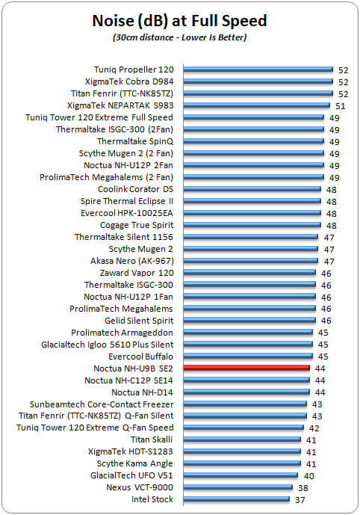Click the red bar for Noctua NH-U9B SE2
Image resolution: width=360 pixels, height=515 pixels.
point(246,368)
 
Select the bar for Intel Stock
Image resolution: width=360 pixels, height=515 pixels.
point(237,499)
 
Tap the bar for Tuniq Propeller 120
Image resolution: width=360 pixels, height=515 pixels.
point(258,70)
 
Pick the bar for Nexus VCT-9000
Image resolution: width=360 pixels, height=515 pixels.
point(238,487)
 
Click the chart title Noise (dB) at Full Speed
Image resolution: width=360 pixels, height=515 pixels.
point(179,21)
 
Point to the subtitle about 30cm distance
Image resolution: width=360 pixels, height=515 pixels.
point(179,37)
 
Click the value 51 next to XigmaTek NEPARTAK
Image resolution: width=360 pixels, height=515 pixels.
point(340,106)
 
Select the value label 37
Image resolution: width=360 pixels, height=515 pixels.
point(300,500)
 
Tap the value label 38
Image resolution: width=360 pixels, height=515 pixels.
point(303,488)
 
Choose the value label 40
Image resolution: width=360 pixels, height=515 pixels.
point(308,476)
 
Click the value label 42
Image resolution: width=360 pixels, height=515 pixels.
point(314,428)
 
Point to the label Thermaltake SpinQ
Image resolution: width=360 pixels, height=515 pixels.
point(135,141)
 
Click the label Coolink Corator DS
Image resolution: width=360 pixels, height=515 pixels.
point(135,189)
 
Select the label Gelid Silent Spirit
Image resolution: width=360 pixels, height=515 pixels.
point(139,321)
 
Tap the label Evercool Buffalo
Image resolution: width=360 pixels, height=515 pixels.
point(140,357)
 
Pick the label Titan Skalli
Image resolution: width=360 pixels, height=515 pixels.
point(152,440)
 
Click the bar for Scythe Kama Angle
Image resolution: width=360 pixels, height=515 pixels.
point(242,463)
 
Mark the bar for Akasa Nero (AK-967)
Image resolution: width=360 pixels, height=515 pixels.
point(251,261)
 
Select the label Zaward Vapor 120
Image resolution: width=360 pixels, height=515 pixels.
point(137,273)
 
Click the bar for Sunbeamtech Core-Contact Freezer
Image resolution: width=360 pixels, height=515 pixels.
point(245,404)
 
